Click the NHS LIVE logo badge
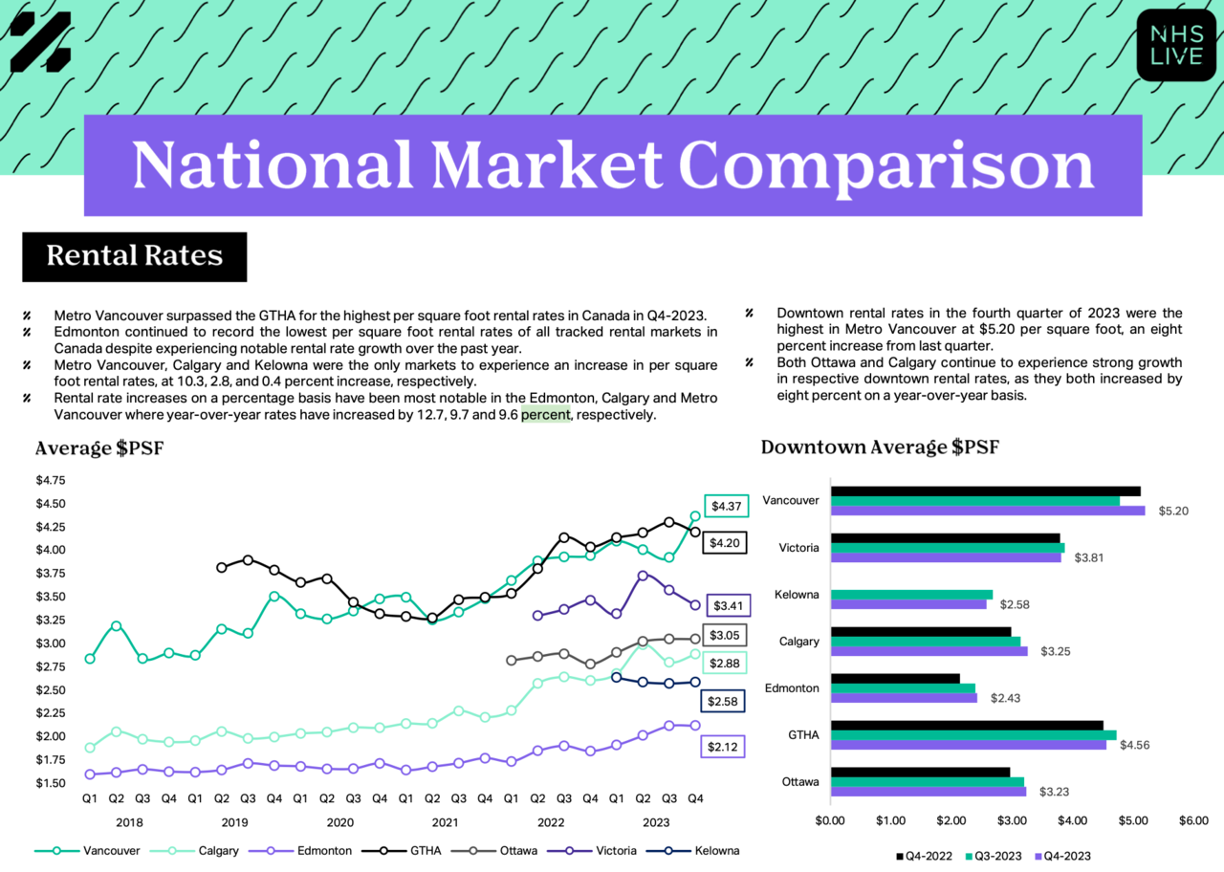(x=1175, y=45)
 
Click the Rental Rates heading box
(x=135, y=257)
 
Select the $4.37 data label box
(x=726, y=506)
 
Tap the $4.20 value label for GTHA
(x=725, y=542)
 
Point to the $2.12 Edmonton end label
(x=722, y=747)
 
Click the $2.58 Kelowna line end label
(x=722, y=701)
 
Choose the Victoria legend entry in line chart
(x=592, y=851)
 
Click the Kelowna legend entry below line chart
(x=693, y=851)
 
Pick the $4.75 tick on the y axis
(x=51, y=480)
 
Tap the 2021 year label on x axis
(x=445, y=822)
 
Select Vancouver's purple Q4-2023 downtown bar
(x=988, y=511)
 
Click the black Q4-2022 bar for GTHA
(x=967, y=725)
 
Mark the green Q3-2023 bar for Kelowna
(x=912, y=595)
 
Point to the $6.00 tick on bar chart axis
(x=1193, y=820)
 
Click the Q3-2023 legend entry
(x=994, y=856)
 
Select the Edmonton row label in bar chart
(x=792, y=687)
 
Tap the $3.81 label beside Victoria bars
(x=1088, y=557)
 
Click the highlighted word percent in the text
(x=545, y=415)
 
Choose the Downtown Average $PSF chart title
(x=880, y=447)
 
